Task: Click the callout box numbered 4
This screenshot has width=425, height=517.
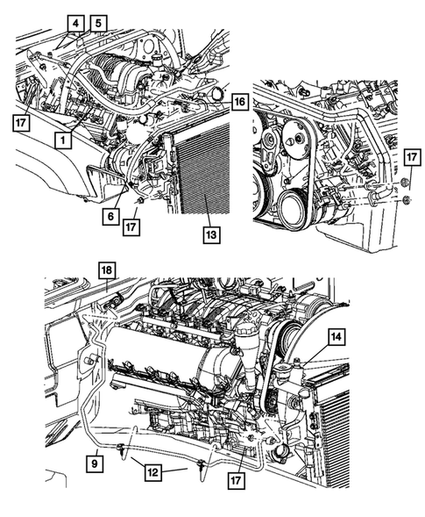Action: [x=76, y=24]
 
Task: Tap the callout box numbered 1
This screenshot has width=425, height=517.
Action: [x=62, y=139]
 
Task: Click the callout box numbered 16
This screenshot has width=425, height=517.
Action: [x=238, y=103]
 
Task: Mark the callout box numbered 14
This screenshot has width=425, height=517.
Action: [x=336, y=334]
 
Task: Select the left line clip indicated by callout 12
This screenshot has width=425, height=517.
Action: [x=122, y=452]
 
